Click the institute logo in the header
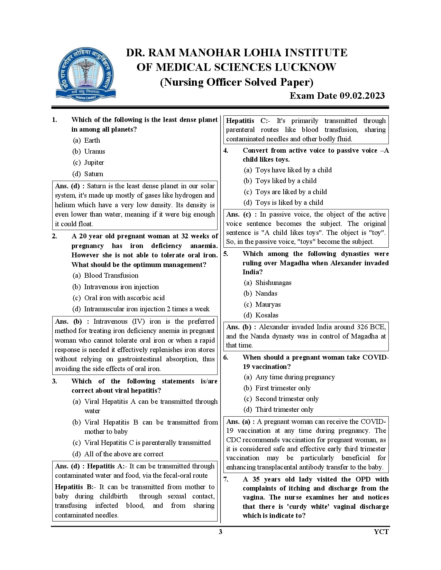pos(84,73)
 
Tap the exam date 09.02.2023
pos(337,96)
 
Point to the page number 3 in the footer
pos(221,532)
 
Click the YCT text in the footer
pos(381,532)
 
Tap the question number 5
pos(226,254)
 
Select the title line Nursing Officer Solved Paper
pos(236,82)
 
